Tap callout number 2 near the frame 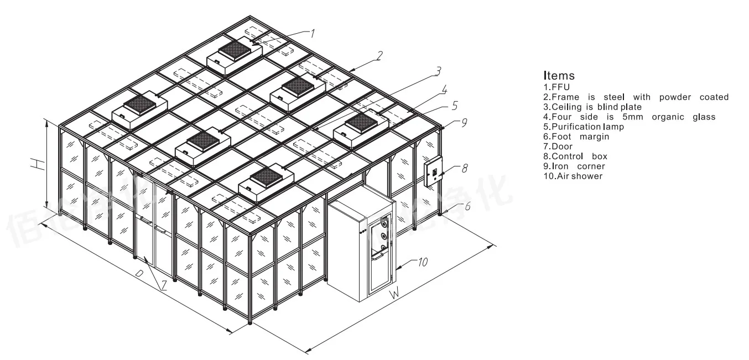[x=380, y=55]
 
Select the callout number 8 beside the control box [x=465, y=168]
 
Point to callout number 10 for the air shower [x=423, y=263]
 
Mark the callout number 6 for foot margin [x=467, y=206]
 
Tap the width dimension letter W [x=394, y=294]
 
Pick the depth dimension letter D [x=140, y=274]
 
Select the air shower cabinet [x=361, y=249]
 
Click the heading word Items [x=559, y=76]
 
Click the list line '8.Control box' [x=575, y=156]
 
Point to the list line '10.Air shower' [x=573, y=176]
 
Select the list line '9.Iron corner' [x=574, y=166]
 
